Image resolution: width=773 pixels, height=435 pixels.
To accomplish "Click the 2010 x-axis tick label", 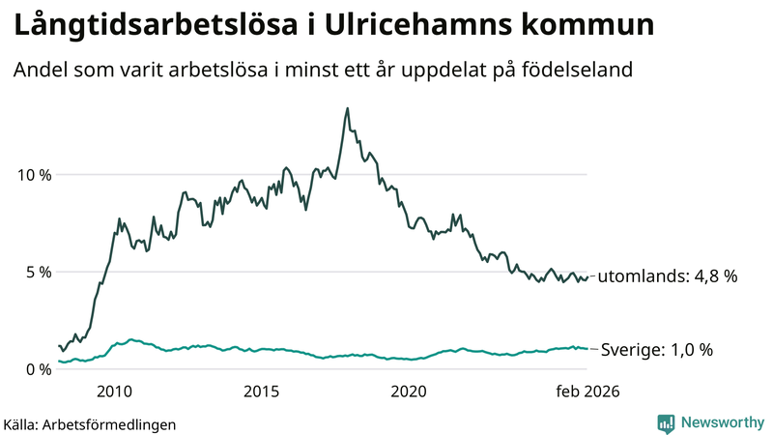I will tap(115, 391).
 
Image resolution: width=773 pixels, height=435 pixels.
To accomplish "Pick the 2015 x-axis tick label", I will tap(261, 391).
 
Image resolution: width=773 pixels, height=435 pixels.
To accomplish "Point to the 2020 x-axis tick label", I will tap(408, 391).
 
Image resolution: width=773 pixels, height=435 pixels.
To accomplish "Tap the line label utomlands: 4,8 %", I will tap(668, 276).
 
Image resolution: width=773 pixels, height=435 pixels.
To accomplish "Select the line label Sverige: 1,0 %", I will tap(657, 350).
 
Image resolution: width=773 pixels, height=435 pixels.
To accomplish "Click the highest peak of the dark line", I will tap(347, 108).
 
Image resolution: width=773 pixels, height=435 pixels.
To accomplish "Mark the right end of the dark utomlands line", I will tap(587, 276).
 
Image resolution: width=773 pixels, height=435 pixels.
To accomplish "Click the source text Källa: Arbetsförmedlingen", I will tap(90, 423).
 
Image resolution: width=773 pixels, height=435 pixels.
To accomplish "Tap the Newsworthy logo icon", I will tap(666, 422).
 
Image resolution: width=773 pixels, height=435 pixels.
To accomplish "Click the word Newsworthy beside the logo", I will tap(722, 422).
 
